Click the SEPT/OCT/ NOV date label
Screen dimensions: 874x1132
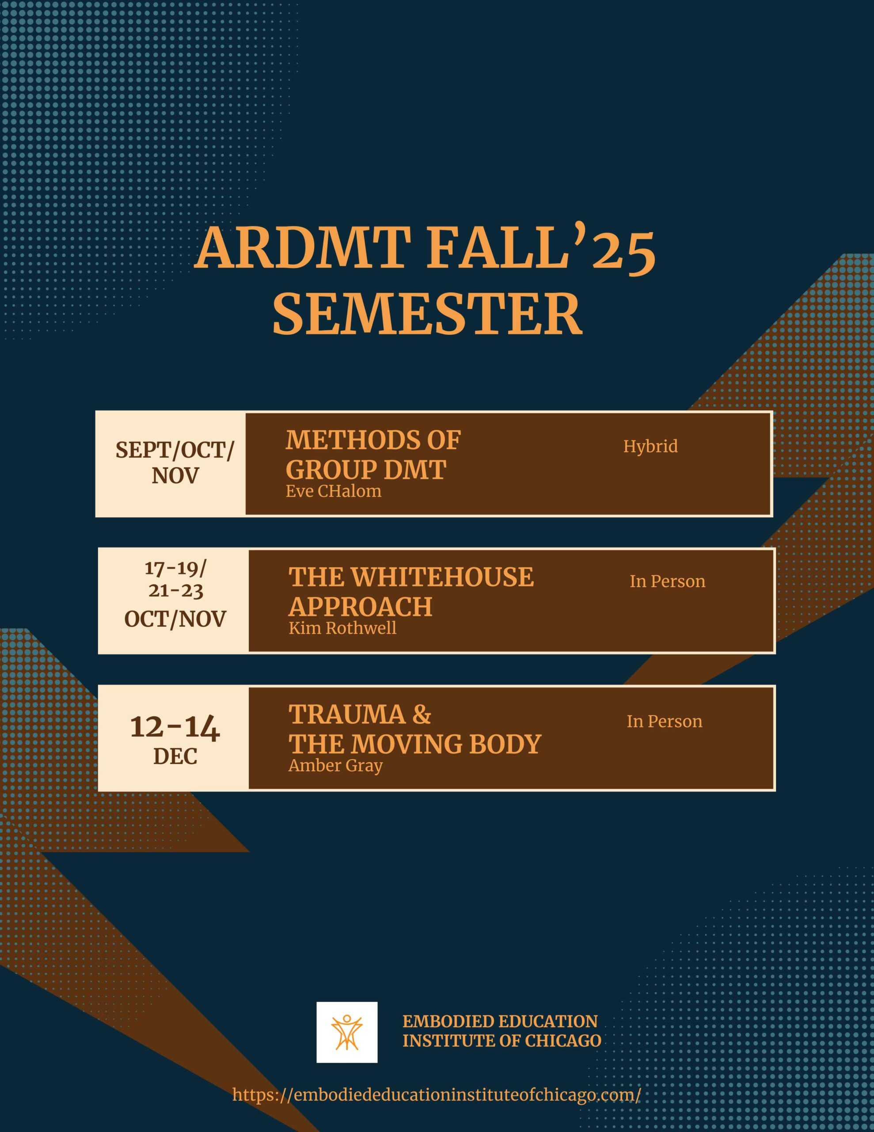pyautogui.click(x=175, y=463)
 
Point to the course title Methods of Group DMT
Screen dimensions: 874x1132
pyautogui.click(x=373, y=455)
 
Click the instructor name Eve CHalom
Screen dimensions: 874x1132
pyautogui.click(x=333, y=491)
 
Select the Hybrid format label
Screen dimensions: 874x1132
pyautogui.click(x=650, y=447)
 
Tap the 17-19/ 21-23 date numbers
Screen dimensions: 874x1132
pyautogui.click(x=175, y=579)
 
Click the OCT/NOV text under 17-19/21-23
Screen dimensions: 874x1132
pyautogui.click(x=175, y=620)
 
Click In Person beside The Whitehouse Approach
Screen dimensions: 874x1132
pyautogui.click(x=667, y=581)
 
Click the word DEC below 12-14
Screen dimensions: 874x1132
pyautogui.click(x=175, y=757)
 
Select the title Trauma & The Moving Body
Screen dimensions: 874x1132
pyautogui.click(x=414, y=729)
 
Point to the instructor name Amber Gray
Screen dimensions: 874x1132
pyautogui.click(x=335, y=765)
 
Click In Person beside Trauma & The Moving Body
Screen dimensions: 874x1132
pyautogui.click(x=664, y=722)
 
